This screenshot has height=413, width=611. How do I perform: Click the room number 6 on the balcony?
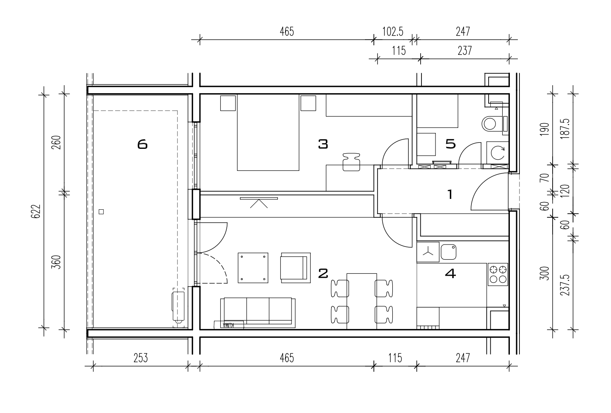[142, 144]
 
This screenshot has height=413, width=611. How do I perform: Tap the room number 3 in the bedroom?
[323, 144]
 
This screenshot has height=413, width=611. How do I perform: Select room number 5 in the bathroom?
[450, 144]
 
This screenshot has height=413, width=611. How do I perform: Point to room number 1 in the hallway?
[450, 194]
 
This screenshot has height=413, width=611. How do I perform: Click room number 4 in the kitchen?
[450, 273]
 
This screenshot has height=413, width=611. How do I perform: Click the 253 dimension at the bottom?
[140, 358]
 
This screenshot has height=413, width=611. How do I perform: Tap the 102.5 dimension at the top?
[393, 32]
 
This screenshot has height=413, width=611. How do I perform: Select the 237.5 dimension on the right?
[565, 285]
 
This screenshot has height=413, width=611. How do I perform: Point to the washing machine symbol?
[497, 153]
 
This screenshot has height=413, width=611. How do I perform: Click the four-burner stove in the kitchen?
[498, 274]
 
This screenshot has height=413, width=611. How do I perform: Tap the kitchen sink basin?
[448, 252]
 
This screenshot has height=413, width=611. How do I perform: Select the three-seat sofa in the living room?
[258, 313]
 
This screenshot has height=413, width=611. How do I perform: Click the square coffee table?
[253, 268]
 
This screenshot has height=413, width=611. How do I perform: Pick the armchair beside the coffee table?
[296, 268]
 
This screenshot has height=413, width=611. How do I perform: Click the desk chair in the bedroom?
[351, 162]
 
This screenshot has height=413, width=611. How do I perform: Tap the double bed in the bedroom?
[268, 132]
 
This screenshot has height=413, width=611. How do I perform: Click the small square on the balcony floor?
[101, 212]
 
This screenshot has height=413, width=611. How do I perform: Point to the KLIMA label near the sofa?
[229, 325]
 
